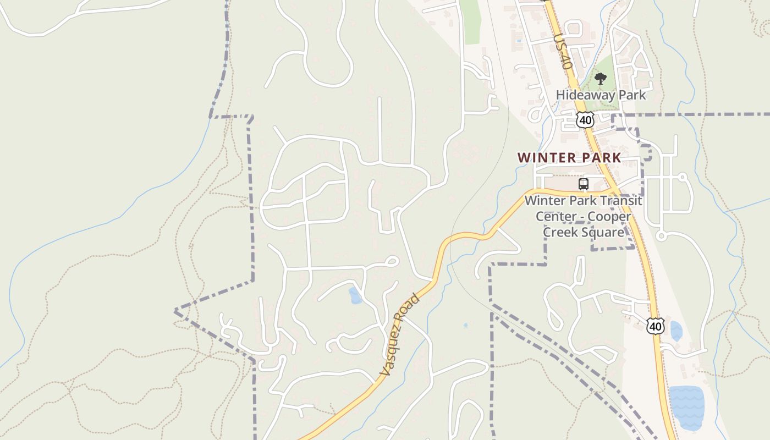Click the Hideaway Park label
[601, 95]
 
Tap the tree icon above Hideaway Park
[600, 79]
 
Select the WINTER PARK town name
[569, 158]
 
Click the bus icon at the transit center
[584, 184]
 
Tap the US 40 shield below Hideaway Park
[586, 119]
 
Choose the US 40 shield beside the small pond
[655, 327]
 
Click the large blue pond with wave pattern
[686, 408]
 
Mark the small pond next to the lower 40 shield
[676, 331]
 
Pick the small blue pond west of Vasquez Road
[355, 295]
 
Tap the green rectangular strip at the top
[470, 22]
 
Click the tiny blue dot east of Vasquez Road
[465, 326]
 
